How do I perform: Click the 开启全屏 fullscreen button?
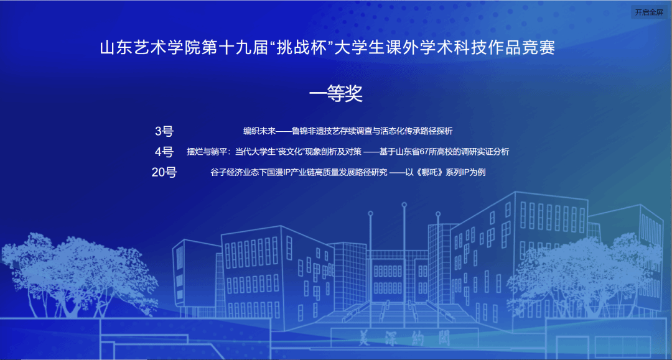(649, 12)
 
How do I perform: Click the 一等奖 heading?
(336, 93)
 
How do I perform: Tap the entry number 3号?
(164, 131)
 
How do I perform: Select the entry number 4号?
(164, 152)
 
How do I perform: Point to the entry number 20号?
(164, 172)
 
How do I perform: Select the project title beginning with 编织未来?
(348, 131)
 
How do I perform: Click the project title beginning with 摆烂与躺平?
(348, 152)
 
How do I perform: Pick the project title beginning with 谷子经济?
(348, 172)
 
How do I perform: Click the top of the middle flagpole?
(404, 205)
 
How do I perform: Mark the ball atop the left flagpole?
(370, 213)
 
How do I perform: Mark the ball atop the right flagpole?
(438, 214)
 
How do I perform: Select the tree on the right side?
(587, 274)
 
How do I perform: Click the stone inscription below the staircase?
(404, 338)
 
